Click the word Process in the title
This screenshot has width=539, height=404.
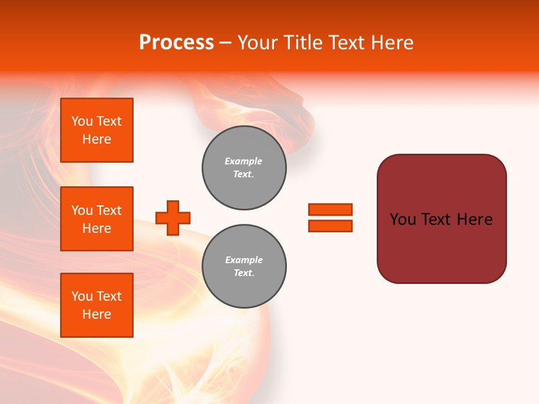[x=176, y=43]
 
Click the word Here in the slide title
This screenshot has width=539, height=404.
[x=392, y=43]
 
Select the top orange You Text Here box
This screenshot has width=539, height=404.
[x=97, y=130]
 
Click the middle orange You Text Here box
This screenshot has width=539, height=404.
[x=97, y=219]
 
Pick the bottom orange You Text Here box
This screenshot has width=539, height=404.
[x=97, y=305]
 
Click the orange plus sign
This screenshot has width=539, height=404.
[x=173, y=218]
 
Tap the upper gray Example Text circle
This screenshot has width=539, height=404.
[x=244, y=168]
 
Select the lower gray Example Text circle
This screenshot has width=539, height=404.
[x=244, y=267]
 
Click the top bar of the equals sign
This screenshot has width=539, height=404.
[x=330, y=210]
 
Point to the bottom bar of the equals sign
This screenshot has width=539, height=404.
[x=330, y=226]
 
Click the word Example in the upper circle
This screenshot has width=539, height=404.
[x=244, y=161]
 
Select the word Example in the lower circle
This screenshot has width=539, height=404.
[x=244, y=260]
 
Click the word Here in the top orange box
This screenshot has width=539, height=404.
[x=97, y=139]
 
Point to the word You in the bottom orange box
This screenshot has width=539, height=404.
[x=82, y=296]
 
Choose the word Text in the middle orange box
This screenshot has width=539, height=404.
[x=109, y=210]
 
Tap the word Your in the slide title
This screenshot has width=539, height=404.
[x=258, y=43]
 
